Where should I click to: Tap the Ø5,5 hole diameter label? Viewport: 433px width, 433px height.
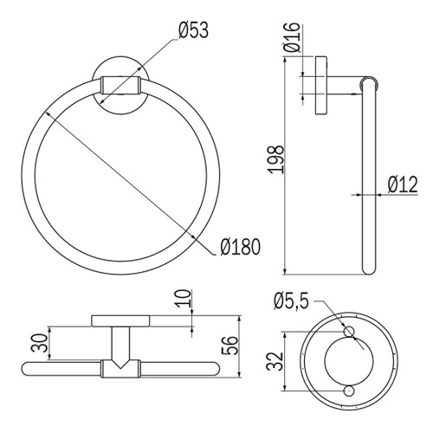tap(292, 301)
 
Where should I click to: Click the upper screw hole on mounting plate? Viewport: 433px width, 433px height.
tap(349, 332)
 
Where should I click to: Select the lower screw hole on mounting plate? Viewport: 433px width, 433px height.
tap(349, 391)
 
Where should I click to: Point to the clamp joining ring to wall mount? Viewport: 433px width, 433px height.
tap(120, 85)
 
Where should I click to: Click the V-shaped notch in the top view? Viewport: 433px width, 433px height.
tap(120, 368)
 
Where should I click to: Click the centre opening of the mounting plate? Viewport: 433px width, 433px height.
tap(349, 361)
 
